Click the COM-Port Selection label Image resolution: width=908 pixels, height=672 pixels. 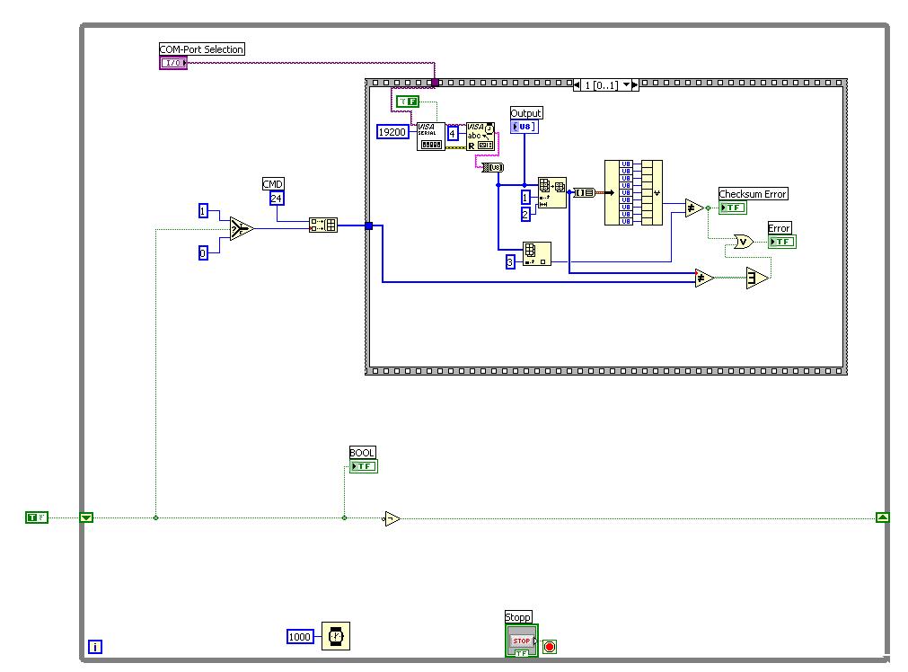[202, 49]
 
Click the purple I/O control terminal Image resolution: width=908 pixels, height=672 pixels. [173, 63]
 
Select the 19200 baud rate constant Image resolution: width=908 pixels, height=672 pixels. [392, 132]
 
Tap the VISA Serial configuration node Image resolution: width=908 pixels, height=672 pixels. [431, 136]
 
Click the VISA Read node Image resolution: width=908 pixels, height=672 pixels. [480, 136]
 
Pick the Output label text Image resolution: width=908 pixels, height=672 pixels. [526, 113]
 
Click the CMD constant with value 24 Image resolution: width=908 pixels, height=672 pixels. [277, 199]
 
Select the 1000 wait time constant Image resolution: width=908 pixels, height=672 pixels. [300, 637]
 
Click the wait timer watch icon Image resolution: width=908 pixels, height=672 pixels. [336, 636]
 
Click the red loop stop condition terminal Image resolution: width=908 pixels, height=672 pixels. [550, 646]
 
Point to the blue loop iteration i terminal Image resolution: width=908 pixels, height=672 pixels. [95, 646]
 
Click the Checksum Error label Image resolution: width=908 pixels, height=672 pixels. [753, 194]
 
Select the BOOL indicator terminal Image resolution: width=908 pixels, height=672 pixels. [363, 466]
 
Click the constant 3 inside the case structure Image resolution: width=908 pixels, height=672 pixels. [510, 262]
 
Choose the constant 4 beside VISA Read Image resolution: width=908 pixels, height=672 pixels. [453, 133]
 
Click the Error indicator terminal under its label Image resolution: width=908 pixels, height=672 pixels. [781, 242]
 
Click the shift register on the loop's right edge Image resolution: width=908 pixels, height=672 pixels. [883, 517]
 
